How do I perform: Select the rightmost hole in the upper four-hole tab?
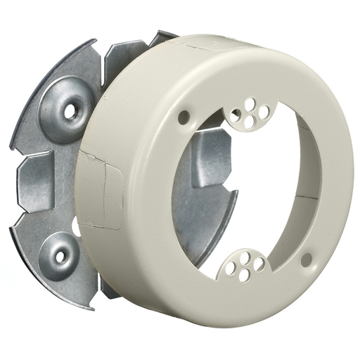point(264,111)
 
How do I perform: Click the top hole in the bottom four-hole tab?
point(245,256)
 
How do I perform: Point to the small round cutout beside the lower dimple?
point(76,226)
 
